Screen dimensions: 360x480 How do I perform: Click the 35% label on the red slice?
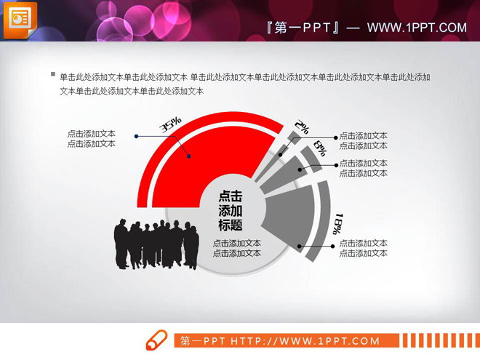[171, 125]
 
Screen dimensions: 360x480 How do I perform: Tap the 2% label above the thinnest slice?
[302, 127]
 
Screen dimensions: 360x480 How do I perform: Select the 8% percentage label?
[319, 151]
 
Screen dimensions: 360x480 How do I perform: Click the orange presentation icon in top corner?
[20, 19]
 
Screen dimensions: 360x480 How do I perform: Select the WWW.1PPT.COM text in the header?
[416, 28]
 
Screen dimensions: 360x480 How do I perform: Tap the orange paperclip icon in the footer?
[156, 340]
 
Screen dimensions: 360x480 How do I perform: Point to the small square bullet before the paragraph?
[52, 75]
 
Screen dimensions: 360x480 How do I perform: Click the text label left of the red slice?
[91, 139]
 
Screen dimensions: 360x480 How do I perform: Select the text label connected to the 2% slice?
[363, 140]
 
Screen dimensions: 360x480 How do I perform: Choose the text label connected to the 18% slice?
[363, 248]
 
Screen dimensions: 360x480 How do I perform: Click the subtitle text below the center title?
[236, 248]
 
